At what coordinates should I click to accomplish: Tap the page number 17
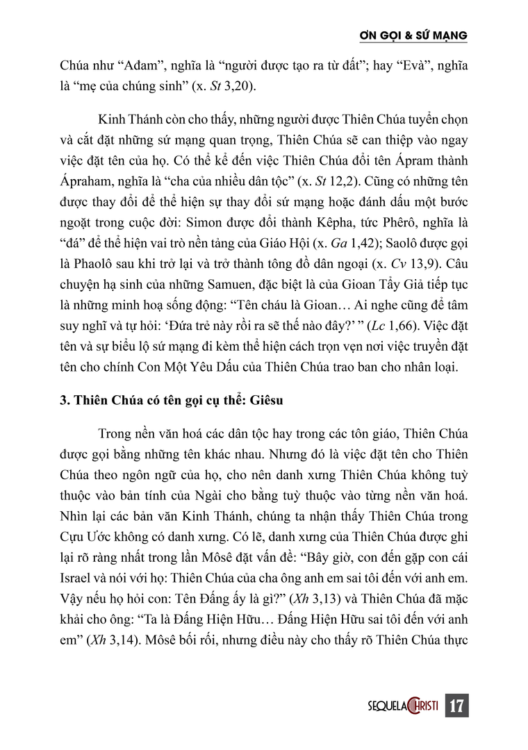[x=457, y=706]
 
